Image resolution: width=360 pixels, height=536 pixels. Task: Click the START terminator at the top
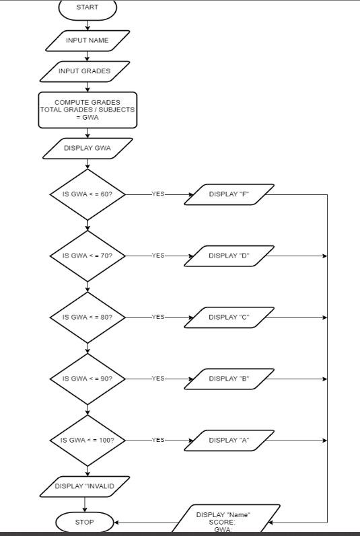click(87, 8)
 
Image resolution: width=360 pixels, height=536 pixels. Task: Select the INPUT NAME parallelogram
click(87, 40)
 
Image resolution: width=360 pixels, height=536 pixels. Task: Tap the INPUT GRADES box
click(85, 71)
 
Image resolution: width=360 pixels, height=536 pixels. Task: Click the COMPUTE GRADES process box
click(87, 110)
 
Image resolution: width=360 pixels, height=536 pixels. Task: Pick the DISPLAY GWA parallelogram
click(87, 148)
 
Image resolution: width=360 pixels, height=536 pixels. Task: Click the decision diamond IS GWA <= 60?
click(87, 194)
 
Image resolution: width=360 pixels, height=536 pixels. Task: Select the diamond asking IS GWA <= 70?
click(87, 256)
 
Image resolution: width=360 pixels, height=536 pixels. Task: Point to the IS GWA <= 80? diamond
click(87, 317)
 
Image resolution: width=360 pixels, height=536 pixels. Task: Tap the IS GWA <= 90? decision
click(87, 379)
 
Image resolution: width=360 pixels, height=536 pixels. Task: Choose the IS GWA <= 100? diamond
click(87, 440)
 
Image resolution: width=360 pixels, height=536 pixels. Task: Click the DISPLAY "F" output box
click(229, 194)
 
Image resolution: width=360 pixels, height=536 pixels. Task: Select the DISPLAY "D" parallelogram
click(229, 256)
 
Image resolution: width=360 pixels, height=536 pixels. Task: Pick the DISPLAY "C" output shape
click(229, 317)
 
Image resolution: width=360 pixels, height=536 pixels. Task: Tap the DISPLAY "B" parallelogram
click(229, 379)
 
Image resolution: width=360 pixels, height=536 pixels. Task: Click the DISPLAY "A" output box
click(229, 440)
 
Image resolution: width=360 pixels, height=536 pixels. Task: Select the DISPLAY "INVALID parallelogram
click(85, 486)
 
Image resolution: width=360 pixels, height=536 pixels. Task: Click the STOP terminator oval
click(85, 522)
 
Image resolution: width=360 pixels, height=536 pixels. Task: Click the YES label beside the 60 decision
click(158, 194)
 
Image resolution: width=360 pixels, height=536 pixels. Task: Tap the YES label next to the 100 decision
click(158, 440)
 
